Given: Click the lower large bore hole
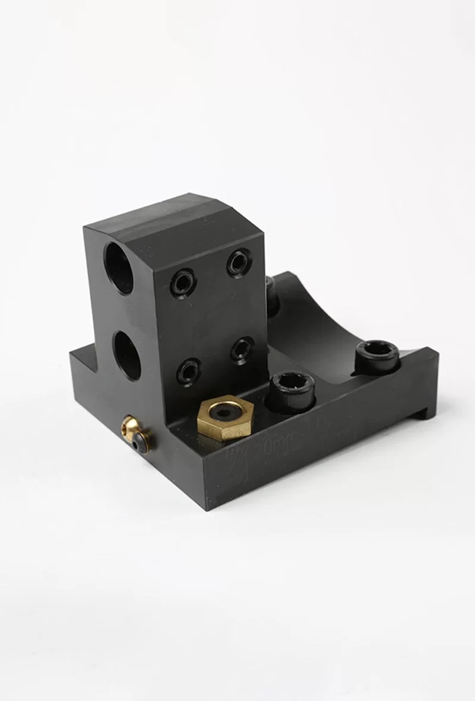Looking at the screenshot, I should (x=127, y=355).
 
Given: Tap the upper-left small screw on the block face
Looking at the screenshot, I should (x=183, y=282).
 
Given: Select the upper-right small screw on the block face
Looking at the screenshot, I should (x=239, y=262).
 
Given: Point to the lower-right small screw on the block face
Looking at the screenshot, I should (x=242, y=349).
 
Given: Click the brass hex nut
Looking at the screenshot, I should (x=223, y=418).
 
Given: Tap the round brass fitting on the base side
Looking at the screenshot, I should (x=132, y=428).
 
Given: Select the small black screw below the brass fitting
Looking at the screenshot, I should (x=138, y=442).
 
